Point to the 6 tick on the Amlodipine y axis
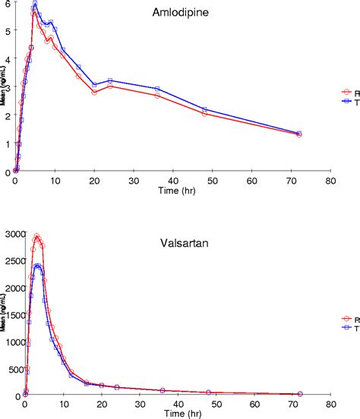[7, 4]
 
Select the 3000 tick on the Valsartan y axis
[13, 232]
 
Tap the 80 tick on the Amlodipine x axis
[330, 181]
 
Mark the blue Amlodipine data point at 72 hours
[299, 133]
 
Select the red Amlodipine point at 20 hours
[94, 92]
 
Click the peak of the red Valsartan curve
[36, 236]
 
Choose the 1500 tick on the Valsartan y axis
[13, 314]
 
